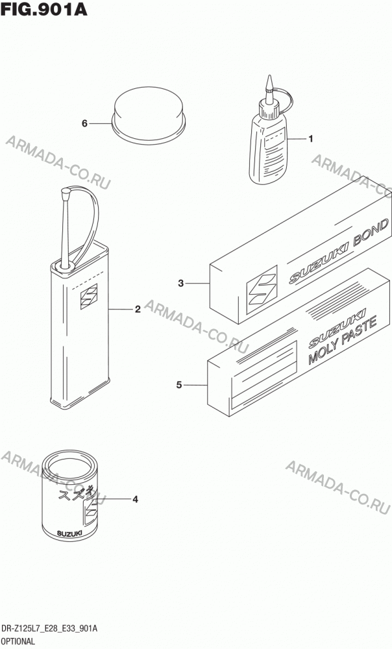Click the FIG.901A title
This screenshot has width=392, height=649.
coord(44,9)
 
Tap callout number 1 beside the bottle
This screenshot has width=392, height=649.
coord(310,139)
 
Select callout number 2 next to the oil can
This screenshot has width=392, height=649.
coord(138,309)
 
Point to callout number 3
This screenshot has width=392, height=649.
coord(181,284)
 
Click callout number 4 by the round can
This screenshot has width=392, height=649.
coord(135,500)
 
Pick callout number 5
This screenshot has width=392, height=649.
coord(179,385)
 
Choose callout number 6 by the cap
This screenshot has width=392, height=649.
coord(84,123)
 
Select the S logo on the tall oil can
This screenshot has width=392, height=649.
coord(89,297)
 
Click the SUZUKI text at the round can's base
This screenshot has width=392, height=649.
coord(69,533)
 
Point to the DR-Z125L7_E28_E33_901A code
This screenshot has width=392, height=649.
coord(50,630)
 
